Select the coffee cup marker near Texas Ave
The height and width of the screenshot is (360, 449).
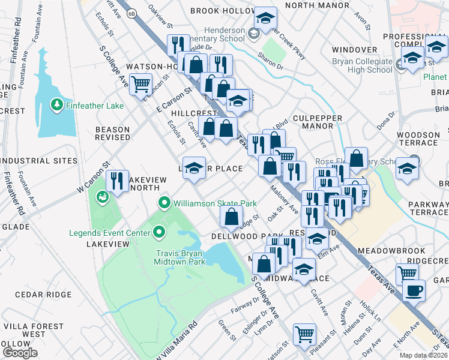point(414,290)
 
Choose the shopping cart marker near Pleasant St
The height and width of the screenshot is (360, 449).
point(304,334)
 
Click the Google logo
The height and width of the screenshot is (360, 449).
point(20,353)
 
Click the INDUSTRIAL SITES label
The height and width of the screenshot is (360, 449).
point(39,161)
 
